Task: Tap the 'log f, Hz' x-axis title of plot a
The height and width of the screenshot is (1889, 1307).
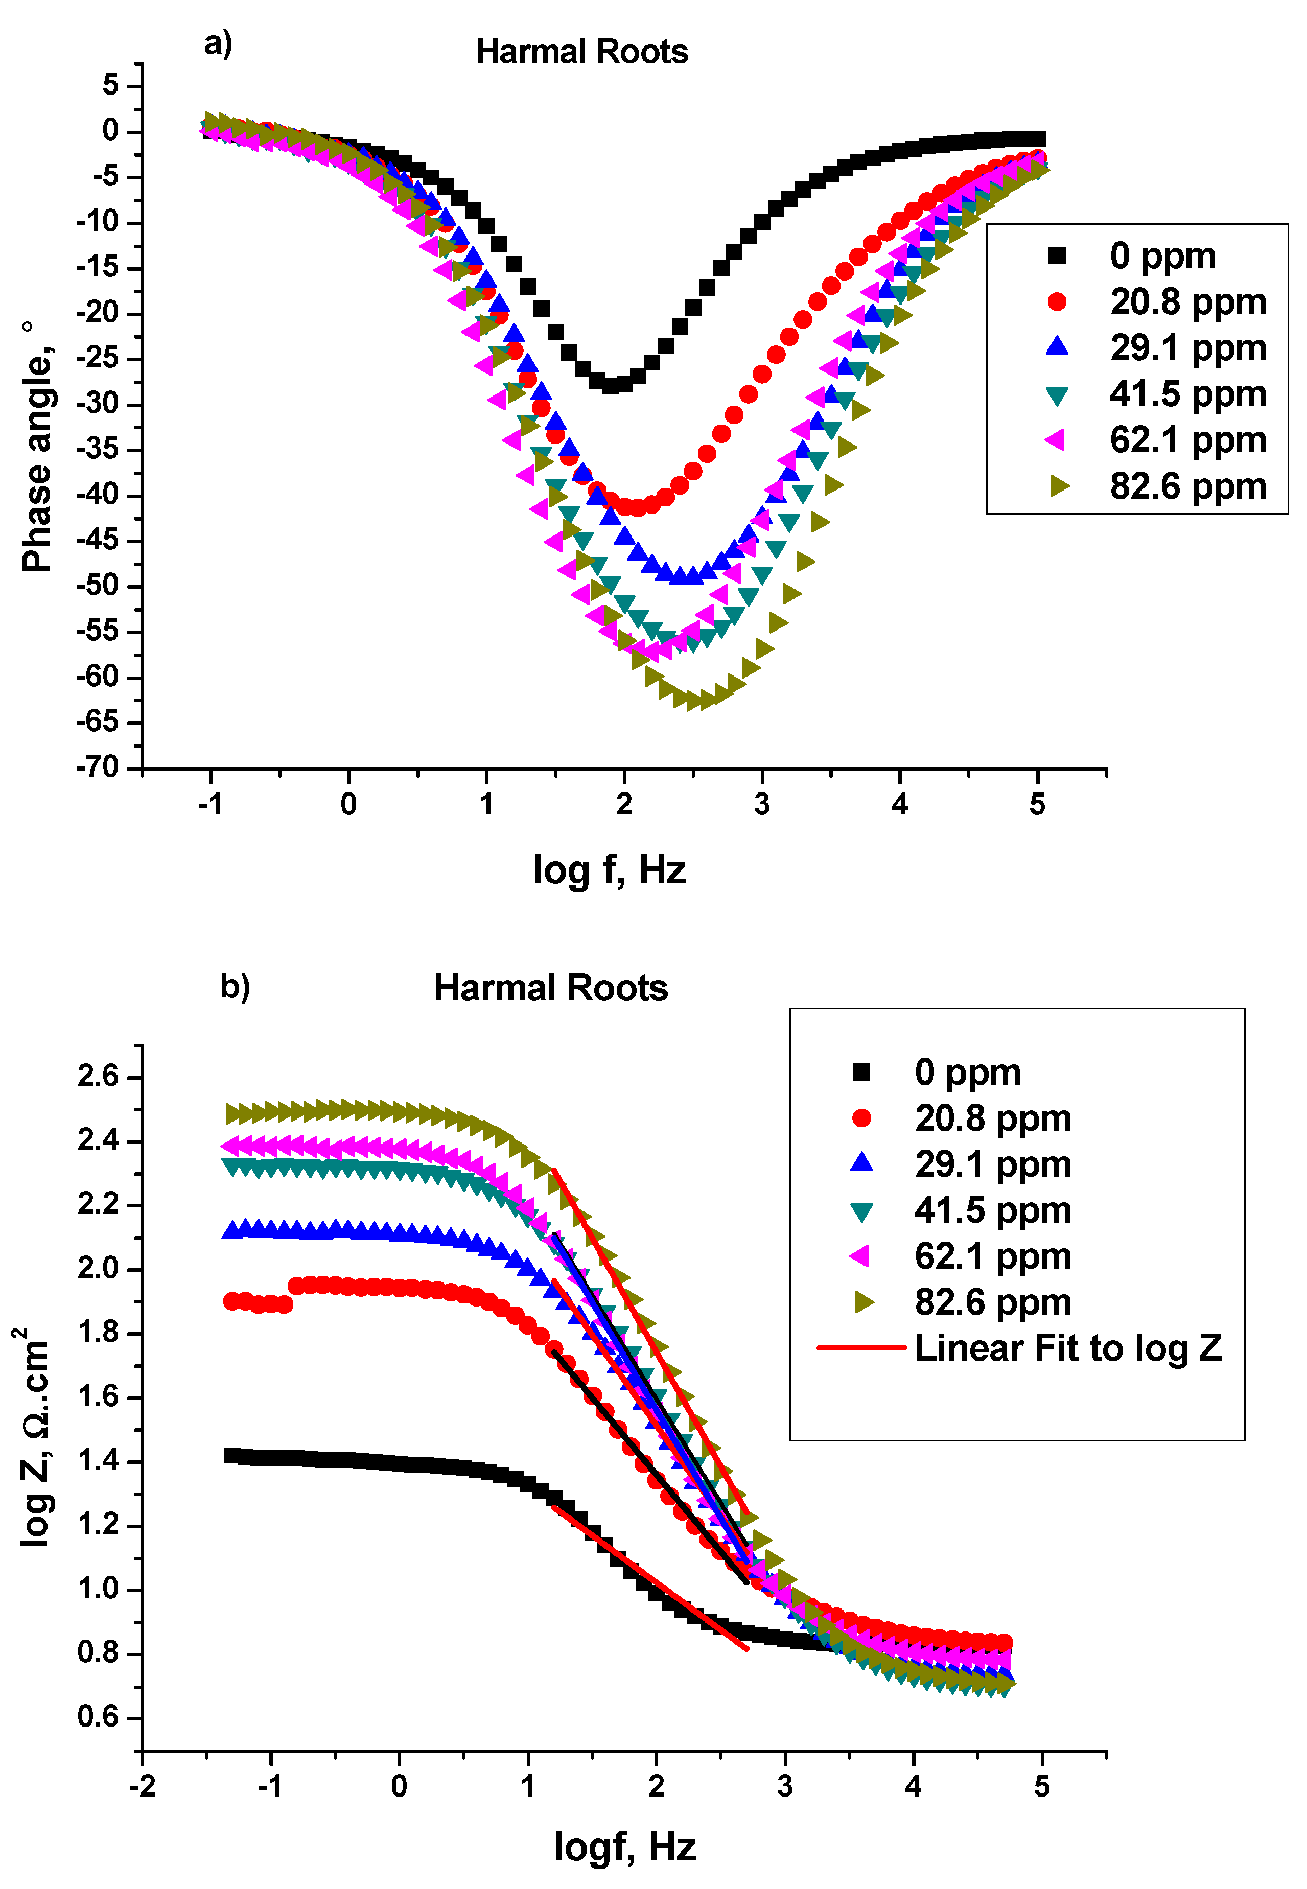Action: tap(609, 870)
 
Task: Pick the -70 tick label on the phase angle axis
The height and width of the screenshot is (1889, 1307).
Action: tap(98, 767)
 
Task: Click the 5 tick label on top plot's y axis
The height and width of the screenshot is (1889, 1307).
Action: tap(110, 85)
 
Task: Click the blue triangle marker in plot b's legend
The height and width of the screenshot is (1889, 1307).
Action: tap(861, 1163)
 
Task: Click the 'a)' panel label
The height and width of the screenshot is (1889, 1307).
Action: tap(218, 42)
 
